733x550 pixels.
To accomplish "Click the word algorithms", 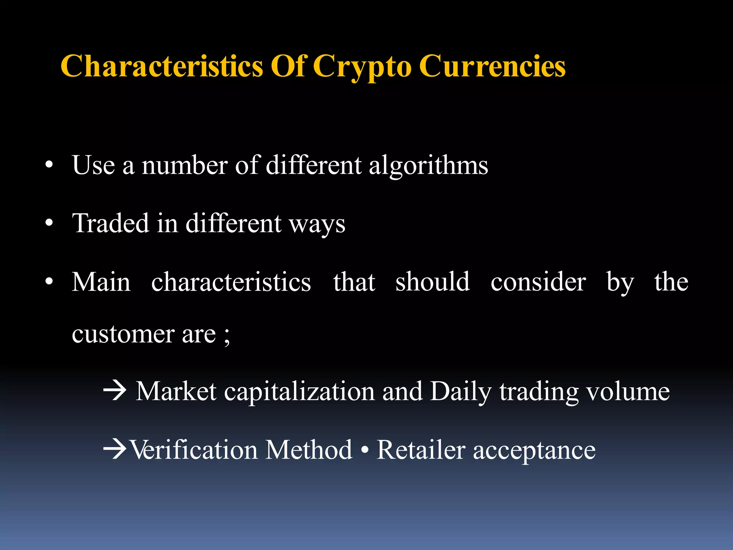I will coord(428,165).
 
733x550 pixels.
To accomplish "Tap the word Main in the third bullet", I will coord(101,282).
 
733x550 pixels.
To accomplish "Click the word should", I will coord(432,281).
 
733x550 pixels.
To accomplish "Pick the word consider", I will coord(538,282).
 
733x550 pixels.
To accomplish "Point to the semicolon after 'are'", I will coord(227,337).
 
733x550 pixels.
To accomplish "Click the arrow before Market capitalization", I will coord(115,391).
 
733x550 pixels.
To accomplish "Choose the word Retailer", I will coord(421,450).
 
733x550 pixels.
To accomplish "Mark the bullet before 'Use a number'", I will coord(49,165).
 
